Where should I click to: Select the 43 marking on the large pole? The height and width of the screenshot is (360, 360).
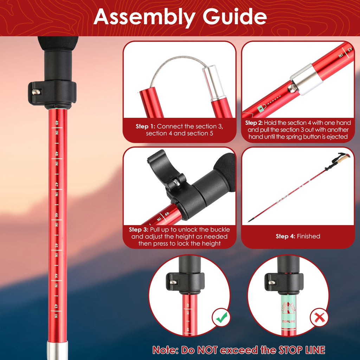click(56, 306)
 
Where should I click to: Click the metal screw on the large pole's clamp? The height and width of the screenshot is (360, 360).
click(36, 92)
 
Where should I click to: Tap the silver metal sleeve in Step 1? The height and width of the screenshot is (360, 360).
click(214, 83)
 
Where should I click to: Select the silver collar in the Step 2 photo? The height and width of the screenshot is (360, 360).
click(306, 79)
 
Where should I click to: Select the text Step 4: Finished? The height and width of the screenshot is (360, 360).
click(297, 236)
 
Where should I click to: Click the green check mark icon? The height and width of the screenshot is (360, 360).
click(221, 318)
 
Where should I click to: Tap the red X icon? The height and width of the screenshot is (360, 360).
click(319, 318)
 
